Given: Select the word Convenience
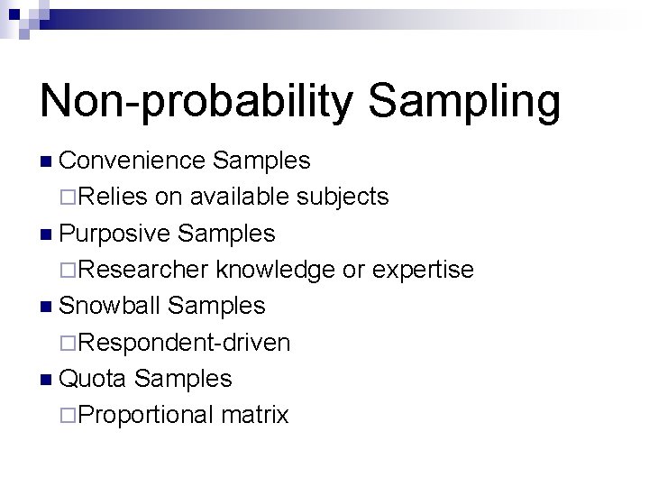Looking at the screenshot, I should pyautogui.click(x=132, y=161).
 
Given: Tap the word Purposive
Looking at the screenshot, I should pyautogui.click(x=114, y=234).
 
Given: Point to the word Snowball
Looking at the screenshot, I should pyautogui.click(x=110, y=306).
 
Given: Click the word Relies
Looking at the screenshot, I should pyautogui.click(x=116, y=197).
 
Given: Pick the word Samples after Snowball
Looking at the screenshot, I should pyautogui.click(x=217, y=306).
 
